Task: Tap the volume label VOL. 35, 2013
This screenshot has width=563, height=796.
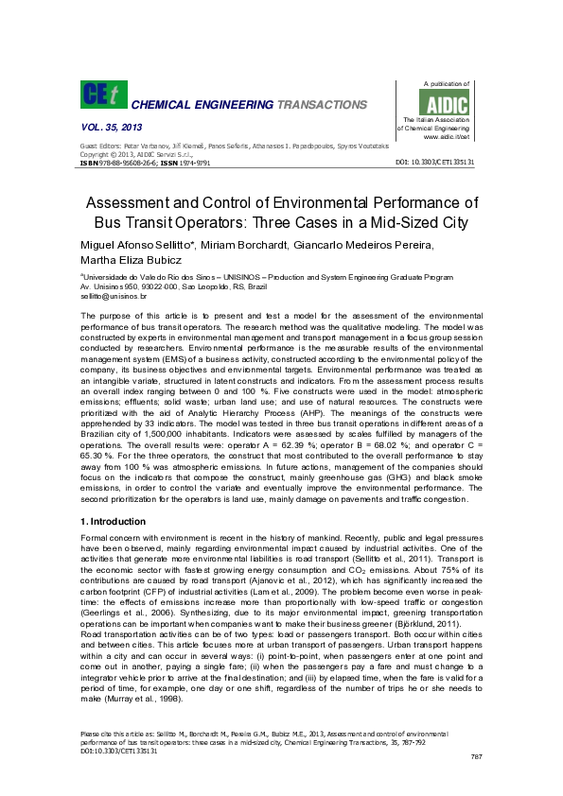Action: tap(111, 126)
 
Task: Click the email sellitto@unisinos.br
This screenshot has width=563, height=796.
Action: tap(107, 296)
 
